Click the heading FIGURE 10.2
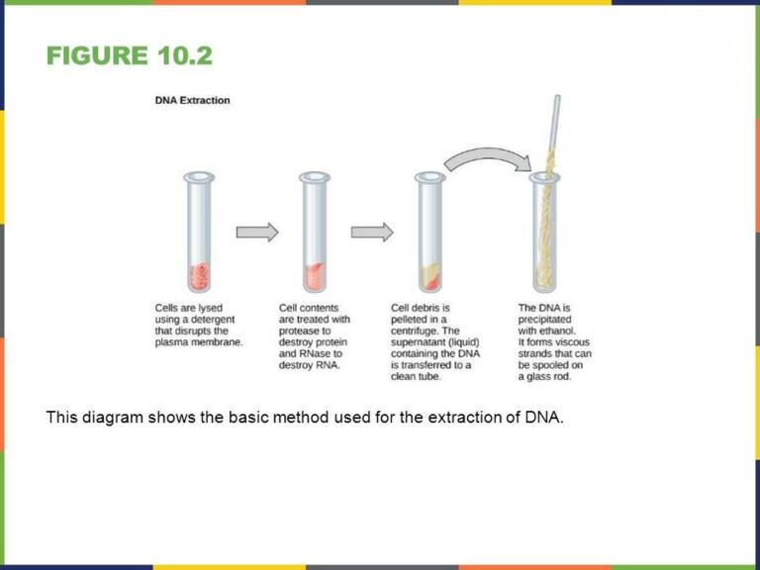coord(129,55)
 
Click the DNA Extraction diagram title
coord(193,100)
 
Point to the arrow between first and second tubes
coord(256,232)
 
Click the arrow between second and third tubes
coord(371,232)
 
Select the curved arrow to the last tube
coord(485,158)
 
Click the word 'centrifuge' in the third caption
coord(420,331)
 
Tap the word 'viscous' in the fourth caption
coord(571,342)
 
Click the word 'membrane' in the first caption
coord(219,342)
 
